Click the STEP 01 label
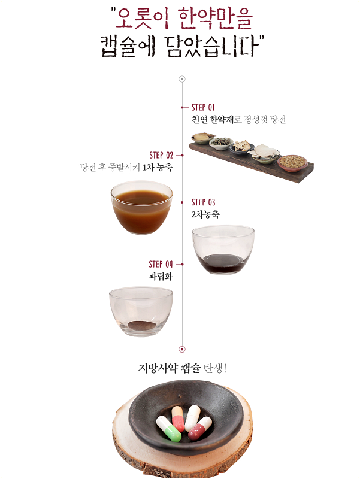tap(203, 108)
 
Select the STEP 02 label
tap(161, 155)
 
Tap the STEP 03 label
tap(203, 202)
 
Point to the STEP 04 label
tap(161, 264)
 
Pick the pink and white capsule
tap(177, 419)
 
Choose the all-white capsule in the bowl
tap(192, 418)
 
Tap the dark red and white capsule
tap(200, 428)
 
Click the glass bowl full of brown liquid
tap(141, 207)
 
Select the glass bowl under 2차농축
tap(223, 250)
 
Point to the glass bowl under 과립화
tap(141, 311)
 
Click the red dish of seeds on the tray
tap(292, 163)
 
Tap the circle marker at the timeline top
tap(182, 79)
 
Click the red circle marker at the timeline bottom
tap(182, 349)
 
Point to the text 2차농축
tap(205, 214)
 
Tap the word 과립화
tap(161, 277)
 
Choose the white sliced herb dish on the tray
tap(264, 153)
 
